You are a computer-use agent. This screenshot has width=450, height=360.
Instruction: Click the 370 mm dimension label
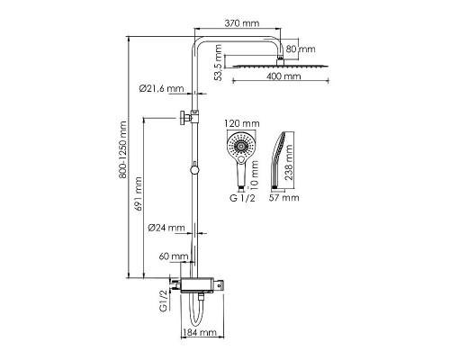242,23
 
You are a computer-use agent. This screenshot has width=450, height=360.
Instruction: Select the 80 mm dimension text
301,49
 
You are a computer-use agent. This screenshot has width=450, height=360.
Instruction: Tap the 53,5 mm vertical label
219,63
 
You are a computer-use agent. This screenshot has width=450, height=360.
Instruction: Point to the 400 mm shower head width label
283,76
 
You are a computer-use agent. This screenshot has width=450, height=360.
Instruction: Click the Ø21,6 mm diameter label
161,88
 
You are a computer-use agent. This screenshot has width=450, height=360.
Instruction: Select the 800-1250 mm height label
122,149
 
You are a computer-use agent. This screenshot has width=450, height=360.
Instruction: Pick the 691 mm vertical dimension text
138,193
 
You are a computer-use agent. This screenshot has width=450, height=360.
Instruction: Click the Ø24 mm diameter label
166,228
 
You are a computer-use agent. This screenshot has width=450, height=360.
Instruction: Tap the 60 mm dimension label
174,256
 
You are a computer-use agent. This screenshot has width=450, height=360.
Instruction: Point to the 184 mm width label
200,332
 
